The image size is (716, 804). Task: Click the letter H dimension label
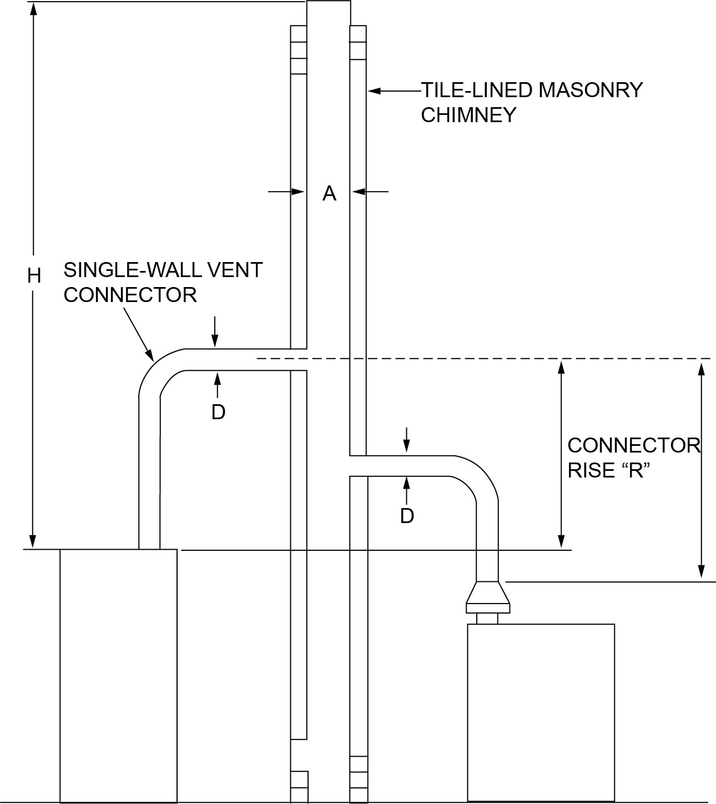[34, 275]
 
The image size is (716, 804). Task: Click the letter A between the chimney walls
[329, 193]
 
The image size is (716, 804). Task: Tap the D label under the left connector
[218, 411]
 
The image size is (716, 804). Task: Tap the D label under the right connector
[407, 516]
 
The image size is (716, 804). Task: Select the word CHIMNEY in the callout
[468, 115]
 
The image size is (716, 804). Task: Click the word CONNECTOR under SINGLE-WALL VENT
[130, 295]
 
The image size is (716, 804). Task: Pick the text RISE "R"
[608, 471]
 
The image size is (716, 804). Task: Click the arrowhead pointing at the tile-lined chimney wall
[371, 91]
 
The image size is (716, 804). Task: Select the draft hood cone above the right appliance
[487, 594]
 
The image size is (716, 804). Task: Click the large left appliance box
[118, 675]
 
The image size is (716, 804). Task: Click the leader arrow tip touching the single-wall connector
[150, 356]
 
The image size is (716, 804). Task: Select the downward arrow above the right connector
[407, 447]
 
